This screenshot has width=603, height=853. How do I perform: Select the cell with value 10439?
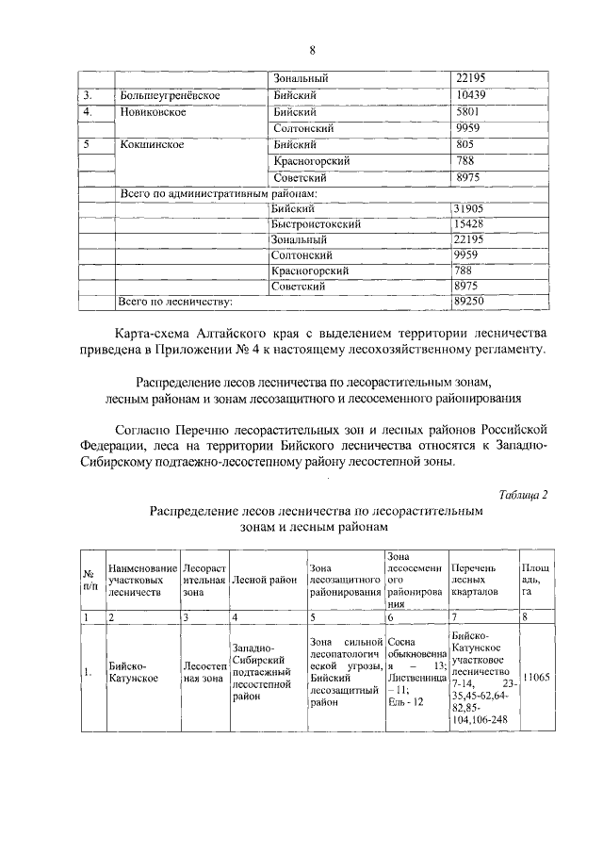click(470, 95)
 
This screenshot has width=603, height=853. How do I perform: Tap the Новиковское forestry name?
click(154, 111)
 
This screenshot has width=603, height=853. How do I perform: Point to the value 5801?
click(467, 111)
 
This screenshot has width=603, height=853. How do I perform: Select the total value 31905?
click(469, 208)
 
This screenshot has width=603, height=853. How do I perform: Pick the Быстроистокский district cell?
click(312, 224)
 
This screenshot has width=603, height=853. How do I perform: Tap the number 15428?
click(469, 224)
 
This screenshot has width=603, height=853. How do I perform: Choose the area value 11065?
click(535, 677)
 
